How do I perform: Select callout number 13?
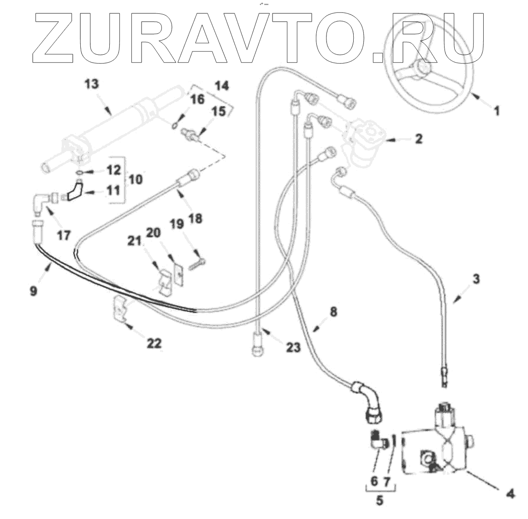(92, 85)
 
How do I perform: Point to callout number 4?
(510, 495)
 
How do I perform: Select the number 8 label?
(333, 312)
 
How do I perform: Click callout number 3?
(476, 279)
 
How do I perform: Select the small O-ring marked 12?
(80, 173)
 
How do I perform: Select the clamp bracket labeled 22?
(120, 309)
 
